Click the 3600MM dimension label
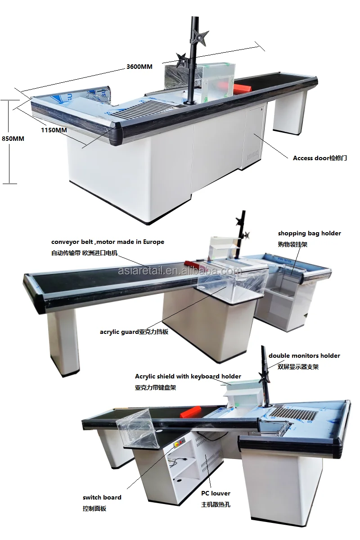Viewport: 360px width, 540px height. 139,67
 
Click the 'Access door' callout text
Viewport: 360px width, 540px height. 319,158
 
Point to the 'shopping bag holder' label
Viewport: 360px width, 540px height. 309,234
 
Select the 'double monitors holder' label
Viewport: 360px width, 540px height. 304,355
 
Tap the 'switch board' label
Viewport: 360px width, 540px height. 102,497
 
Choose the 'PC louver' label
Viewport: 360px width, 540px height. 216,494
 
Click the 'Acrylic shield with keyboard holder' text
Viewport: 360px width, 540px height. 188,376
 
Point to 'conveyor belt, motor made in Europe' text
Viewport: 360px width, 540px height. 108,242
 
